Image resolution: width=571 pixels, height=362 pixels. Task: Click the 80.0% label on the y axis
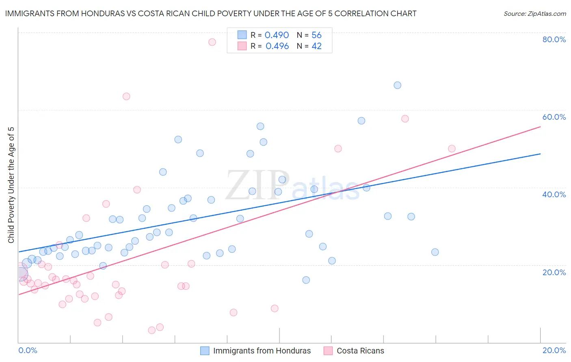[x=554, y=39]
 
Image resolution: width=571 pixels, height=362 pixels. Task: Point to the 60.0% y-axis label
[x=554, y=117]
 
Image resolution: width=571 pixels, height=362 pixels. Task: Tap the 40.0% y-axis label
[x=554, y=194]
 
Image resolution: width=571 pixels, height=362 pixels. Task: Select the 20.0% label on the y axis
[x=554, y=272]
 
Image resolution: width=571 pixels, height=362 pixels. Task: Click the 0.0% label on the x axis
[x=28, y=350]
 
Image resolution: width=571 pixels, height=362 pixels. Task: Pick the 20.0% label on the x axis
[x=554, y=350]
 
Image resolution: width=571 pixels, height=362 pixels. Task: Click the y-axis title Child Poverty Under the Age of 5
[x=11, y=185]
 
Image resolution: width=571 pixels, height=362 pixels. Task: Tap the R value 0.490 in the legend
[x=277, y=35]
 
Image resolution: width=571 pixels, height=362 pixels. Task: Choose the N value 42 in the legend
[x=316, y=46]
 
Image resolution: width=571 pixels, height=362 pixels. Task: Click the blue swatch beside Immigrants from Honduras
[x=205, y=351]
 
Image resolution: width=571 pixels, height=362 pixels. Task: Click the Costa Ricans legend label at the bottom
[x=360, y=351]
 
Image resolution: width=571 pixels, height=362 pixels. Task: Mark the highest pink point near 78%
[x=212, y=42]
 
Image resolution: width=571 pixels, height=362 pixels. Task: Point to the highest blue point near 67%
[x=398, y=85]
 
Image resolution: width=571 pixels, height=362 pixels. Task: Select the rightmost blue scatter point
[x=435, y=252]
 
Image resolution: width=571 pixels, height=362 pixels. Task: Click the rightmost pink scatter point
[x=452, y=149]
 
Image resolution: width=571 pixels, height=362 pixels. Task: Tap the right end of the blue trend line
[x=540, y=154]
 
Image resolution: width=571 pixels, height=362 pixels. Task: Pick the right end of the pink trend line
[x=540, y=127]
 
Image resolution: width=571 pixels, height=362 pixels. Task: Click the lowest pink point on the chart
[x=152, y=330]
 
